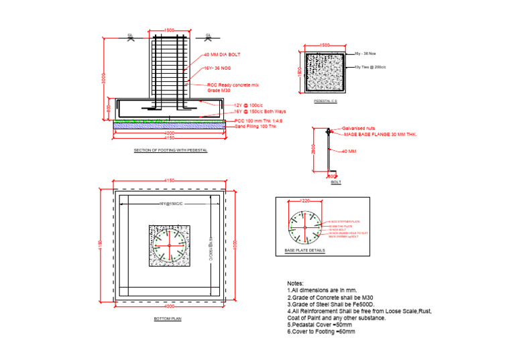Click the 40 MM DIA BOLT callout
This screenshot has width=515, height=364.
point(221,54)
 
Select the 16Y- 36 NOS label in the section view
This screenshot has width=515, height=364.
point(218,68)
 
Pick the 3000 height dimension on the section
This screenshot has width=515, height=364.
point(103,78)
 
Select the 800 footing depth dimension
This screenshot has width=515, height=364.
point(109,107)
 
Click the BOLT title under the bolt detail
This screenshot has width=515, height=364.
point(336,182)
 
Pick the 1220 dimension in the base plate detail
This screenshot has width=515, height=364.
point(305,200)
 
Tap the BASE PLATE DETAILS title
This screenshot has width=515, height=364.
point(304,250)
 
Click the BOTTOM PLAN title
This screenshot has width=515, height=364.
point(167,319)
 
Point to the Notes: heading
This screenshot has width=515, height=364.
point(295,284)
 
